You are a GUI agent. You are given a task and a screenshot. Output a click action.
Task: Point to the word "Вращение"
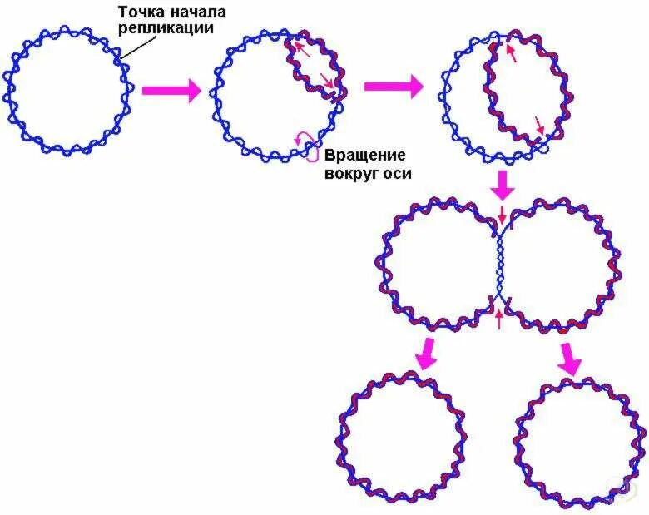pos(364,156)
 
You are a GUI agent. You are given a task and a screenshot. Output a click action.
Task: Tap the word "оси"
pos(399,173)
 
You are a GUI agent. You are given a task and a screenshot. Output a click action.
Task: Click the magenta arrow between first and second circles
pos(171,90)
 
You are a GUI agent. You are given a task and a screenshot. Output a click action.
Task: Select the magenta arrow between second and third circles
pos(394,86)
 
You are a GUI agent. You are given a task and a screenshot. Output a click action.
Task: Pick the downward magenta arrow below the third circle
pos(502,185)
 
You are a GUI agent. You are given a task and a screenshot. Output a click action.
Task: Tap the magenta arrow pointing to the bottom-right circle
pos(570,358)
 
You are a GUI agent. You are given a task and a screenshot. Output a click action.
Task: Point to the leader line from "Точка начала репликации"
pos(126,49)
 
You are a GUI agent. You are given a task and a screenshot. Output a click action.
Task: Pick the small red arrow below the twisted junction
pos(499,319)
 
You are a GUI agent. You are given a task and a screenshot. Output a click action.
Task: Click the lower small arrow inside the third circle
pos(540,126)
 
